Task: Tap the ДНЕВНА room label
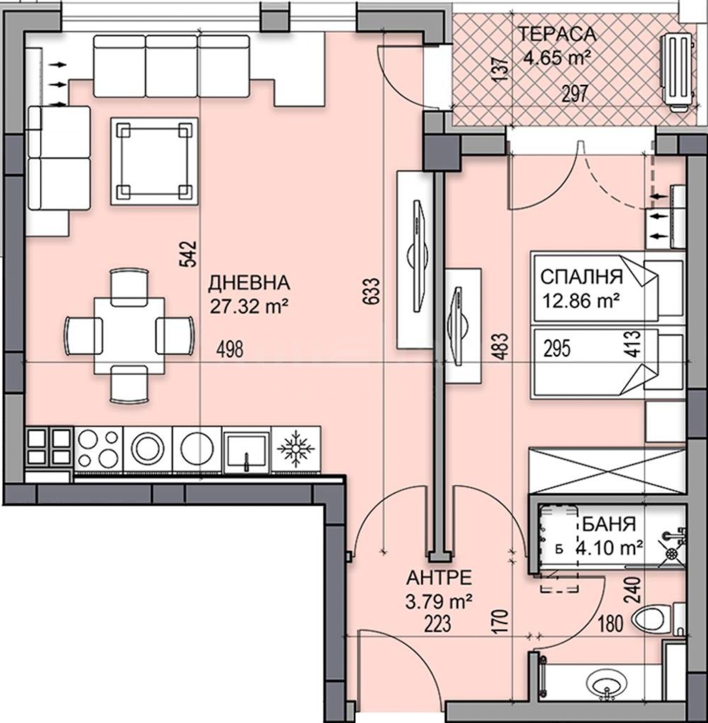(249, 283)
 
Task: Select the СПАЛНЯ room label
(581, 277)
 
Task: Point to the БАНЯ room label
(609, 524)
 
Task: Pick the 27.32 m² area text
(249, 306)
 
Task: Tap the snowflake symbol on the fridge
(296, 449)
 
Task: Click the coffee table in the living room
(154, 161)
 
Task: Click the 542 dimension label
(188, 254)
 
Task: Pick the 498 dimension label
(230, 350)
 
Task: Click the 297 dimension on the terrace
(575, 94)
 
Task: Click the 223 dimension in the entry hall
(437, 624)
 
